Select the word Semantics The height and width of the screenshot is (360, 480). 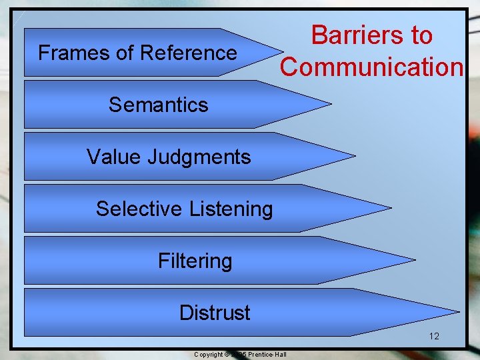click(159, 105)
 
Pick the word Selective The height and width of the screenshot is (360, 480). click(139, 209)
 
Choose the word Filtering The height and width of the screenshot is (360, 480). click(195, 261)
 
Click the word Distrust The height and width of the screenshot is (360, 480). click(215, 313)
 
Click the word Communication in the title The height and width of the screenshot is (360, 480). click(371, 67)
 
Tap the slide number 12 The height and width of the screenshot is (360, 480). click(434, 336)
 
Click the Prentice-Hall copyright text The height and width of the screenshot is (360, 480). click(240, 354)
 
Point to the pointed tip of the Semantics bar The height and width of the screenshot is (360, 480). click(330, 105)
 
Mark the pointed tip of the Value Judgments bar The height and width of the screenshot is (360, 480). click(354, 156)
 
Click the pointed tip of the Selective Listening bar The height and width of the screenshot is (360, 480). click(391, 208)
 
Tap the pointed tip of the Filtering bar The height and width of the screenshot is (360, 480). click(415, 260)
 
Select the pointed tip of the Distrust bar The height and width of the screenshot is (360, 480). click(459, 311)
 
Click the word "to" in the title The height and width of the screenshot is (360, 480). click(421, 35)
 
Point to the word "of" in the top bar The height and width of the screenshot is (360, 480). click(125, 53)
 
